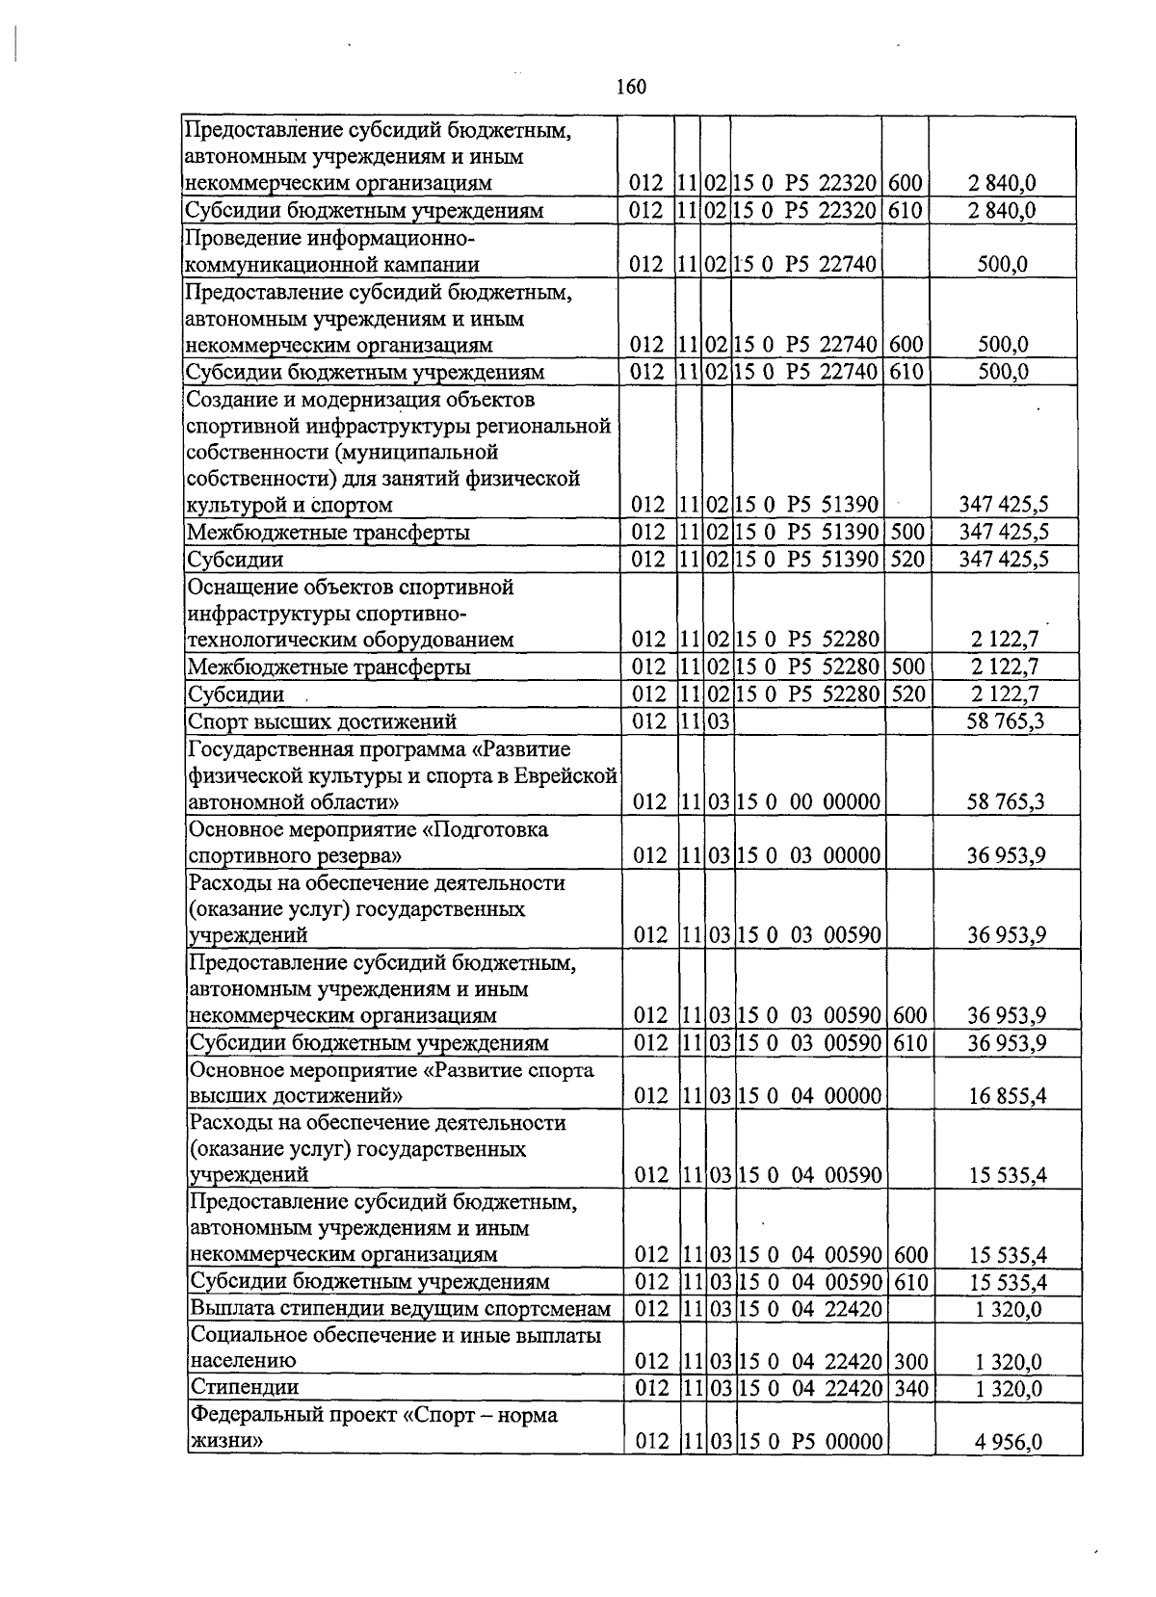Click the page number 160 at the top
coord(630,88)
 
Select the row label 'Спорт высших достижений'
coord(322,721)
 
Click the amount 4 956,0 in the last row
coord(1009,1442)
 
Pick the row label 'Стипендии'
coord(245,1387)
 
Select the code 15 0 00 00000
coord(808,801)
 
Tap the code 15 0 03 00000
coord(808,855)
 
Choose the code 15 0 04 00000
coord(809,1095)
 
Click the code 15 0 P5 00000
coord(810,1442)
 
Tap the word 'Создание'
coord(231,399)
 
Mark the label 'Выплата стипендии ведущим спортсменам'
coord(401,1308)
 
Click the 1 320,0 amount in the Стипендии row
coord(1009,1388)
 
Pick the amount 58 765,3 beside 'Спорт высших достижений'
coord(1006,721)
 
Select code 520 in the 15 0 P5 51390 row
coord(907,560)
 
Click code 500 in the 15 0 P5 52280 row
coord(907,667)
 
